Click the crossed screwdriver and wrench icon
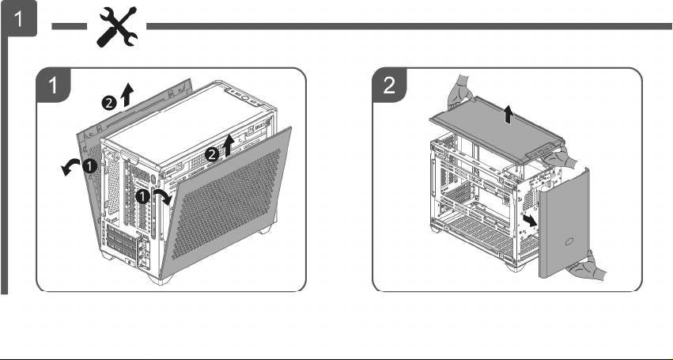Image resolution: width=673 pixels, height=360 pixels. (117, 27)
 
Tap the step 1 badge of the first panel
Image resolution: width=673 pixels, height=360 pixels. (53, 85)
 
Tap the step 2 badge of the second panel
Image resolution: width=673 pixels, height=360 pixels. (389, 85)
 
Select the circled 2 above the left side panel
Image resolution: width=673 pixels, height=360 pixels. (109, 103)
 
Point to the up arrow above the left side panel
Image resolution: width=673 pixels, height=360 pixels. (127, 94)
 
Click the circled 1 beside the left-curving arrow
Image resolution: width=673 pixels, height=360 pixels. (89, 166)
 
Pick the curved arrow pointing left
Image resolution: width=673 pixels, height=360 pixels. (70, 166)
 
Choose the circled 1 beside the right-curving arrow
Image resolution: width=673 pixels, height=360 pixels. (142, 197)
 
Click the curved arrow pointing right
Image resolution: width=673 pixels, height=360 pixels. (163, 196)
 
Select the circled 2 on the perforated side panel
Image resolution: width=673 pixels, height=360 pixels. (212, 154)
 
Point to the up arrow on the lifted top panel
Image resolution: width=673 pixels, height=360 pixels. (509, 116)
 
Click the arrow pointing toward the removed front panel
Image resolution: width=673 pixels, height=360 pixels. (530, 221)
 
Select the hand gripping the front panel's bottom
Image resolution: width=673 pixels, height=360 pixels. (586, 267)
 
